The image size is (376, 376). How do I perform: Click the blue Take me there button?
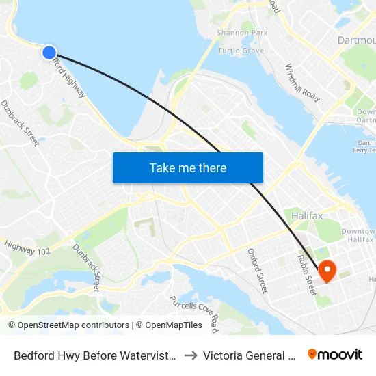tap(188, 167)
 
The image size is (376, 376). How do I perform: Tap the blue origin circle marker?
tap(49, 52)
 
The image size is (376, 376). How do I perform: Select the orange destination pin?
tap(327, 271)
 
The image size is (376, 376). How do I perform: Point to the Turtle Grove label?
tap(240, 51)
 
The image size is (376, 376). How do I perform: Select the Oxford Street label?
tap(257, 271)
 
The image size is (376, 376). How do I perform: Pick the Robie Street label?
tap(305, 273)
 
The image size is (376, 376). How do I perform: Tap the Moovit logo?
tap(335, 354)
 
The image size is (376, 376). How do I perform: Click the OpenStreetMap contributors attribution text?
tap(68, 325)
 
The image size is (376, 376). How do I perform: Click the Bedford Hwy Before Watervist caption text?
tap(95, 355)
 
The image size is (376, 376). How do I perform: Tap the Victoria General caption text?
tap(252, 355)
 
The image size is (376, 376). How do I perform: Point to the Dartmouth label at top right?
tap(356, 40)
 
